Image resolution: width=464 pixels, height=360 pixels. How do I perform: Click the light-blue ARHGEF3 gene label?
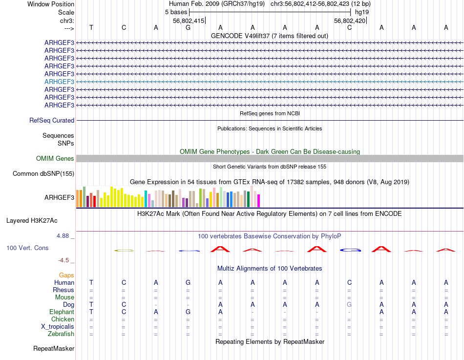(x=59, y=82)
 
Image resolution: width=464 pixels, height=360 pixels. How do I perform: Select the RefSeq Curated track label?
(x=52, y=120)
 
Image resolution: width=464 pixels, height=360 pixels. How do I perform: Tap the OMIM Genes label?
(x=55, y=158)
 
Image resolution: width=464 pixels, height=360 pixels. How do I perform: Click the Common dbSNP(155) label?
(x=43, y=173)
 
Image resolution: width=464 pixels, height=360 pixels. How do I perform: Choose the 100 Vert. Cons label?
(x=27, y=248)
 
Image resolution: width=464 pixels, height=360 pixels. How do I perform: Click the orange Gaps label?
(x=66, y=275)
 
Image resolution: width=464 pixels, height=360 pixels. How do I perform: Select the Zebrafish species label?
(x=61, y=334)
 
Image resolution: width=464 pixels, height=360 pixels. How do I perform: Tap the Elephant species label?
(x=62, y=312)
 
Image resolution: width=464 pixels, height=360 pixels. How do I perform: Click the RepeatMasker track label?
(x=54, y=348)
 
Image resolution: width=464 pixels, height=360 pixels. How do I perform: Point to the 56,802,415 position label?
(x=189, y=21)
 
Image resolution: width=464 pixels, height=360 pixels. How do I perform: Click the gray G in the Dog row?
(x=349, y=304)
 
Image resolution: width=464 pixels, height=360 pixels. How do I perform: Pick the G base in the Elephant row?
(x=188, y=312)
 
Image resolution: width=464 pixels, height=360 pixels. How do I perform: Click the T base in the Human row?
(x=91, y=282)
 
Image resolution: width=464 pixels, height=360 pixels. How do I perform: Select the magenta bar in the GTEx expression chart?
(x=259, y=200)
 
